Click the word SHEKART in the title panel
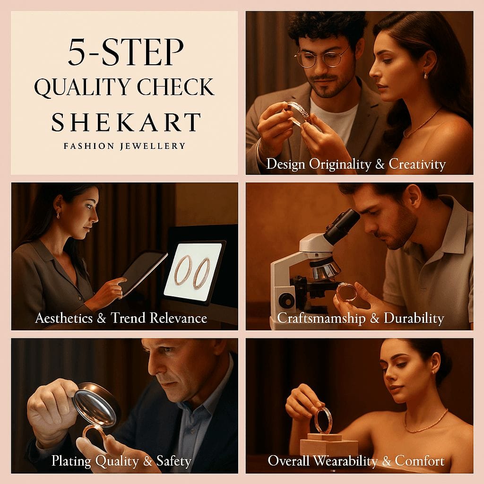coord(126,122)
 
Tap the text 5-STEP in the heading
coord(126,52)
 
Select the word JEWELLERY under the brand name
coord(153,146)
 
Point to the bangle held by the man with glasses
coord(299,113)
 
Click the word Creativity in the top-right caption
coord(417,164)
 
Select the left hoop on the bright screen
coord(183,269)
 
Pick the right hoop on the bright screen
coord(201,274)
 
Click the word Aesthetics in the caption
coord(64,318)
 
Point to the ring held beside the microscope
coord(346,292)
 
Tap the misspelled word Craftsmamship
coord(321,318)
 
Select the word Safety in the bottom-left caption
coord(174,461)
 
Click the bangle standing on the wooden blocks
coord(322,420)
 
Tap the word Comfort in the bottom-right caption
coord(420,461)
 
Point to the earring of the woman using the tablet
coord(58,215)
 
